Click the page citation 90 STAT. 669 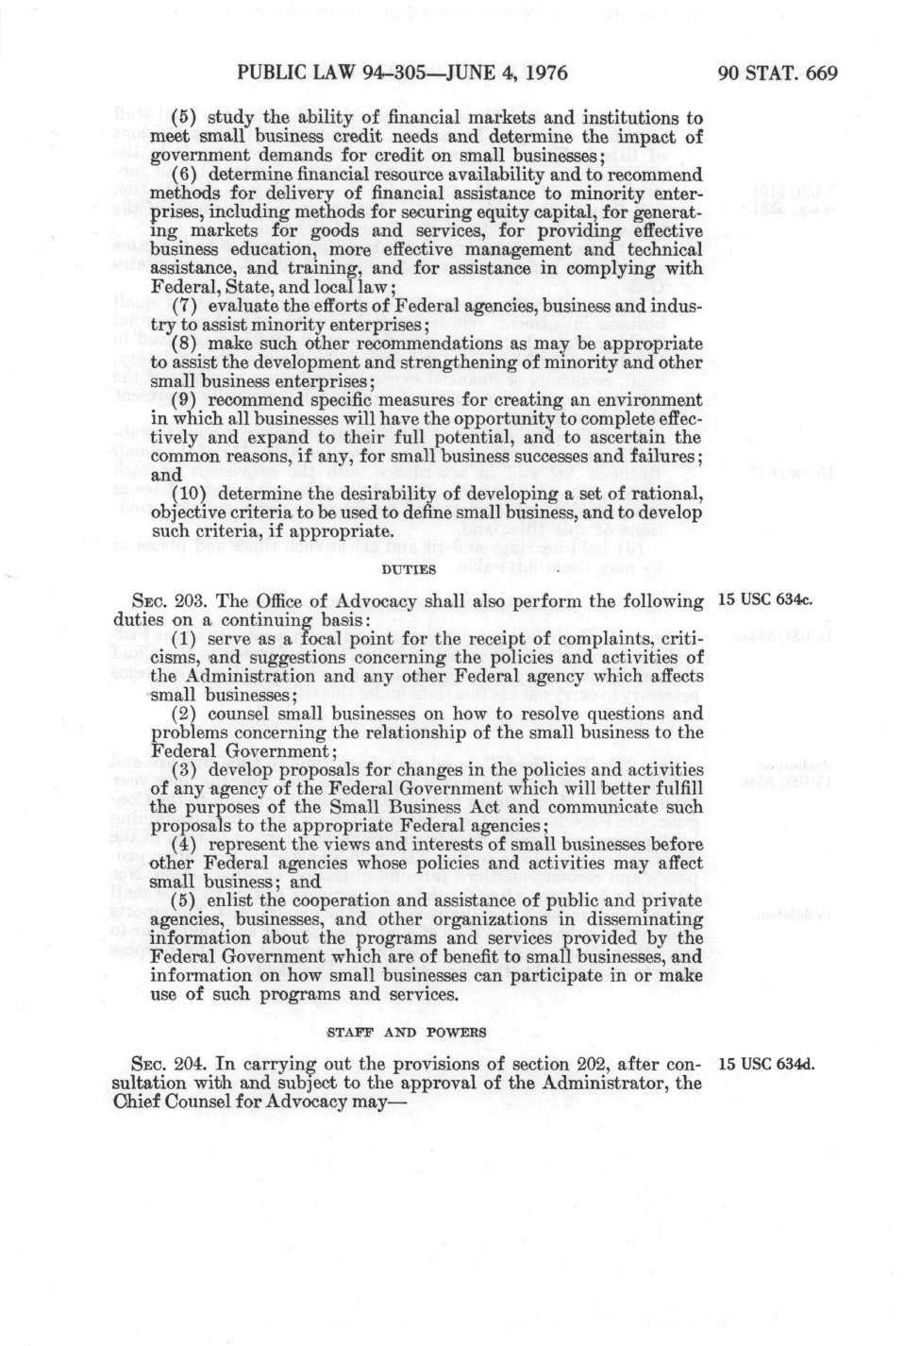pyautogui.click(x=778, y=73)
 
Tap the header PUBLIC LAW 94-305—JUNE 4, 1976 pyautogui.click(x=403, y=73)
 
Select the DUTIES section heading pyautogui.click(x=408, y=569)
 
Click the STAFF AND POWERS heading pyautogui.click(x=407, y=1032)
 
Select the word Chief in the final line pyautogui.click(x=132, y=1102)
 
